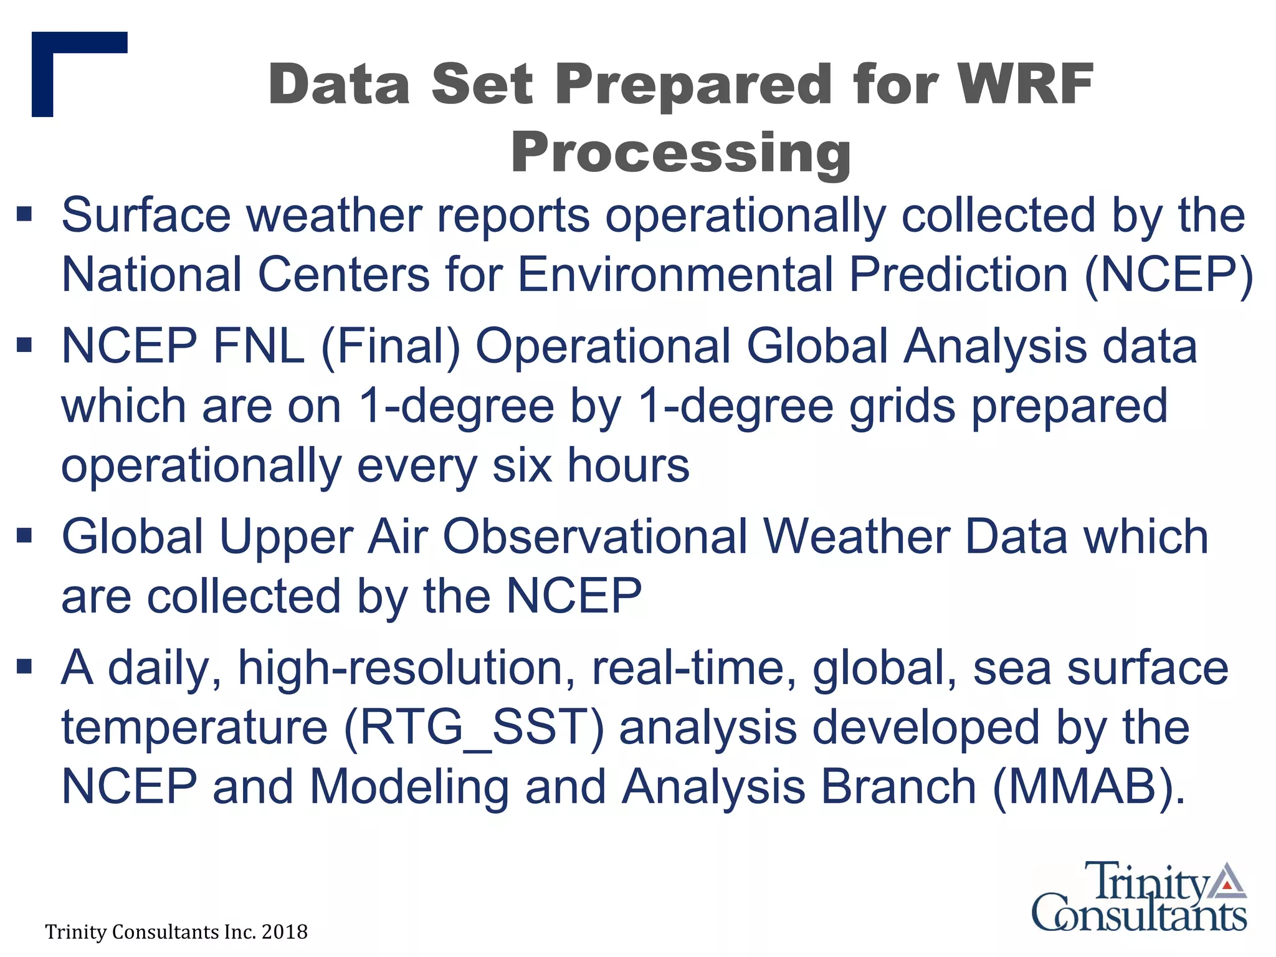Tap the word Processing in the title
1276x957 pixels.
click(x=681, y=153)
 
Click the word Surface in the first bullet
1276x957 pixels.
click(x=146, y=215)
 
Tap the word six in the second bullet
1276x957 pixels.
click(x=522, y=465)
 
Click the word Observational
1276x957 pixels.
click(x=594, y=537)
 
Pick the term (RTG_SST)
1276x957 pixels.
click(x=474, y=728)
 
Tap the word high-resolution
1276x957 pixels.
click(x=406, y=668)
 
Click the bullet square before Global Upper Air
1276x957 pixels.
click(x=24, y=535)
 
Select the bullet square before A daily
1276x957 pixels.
click(x=24, y=667)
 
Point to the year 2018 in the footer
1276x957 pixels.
click(x=284, y=932)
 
